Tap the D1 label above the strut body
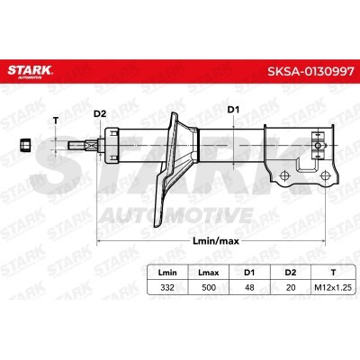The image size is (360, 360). (x=232, y=111)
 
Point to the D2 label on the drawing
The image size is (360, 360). (x=100, y=113)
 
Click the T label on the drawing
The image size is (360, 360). (x=56, y=121)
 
